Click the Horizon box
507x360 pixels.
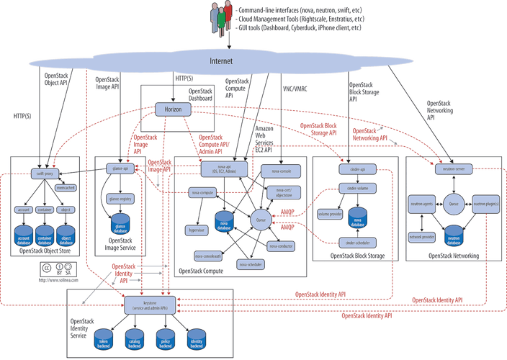pos(173,108)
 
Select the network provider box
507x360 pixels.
pos(422,235)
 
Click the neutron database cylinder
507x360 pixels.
pos(453,234)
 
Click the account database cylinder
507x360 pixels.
pos(24,237)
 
